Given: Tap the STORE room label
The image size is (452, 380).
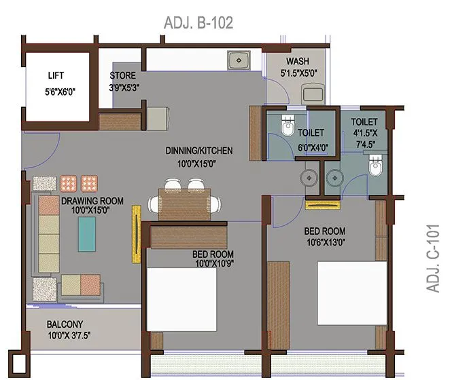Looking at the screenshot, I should click(123, 75).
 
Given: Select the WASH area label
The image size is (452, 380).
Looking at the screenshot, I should click(298, 60).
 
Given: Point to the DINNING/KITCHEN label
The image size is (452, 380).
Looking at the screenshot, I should click(199, 151).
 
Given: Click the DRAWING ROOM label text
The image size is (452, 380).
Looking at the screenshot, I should click(92, 201).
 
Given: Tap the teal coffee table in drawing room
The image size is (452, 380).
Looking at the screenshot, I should click(87, 235).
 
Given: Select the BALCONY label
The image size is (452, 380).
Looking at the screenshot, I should click(65, 324).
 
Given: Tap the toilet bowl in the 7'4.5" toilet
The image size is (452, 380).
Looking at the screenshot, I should click(375, 166).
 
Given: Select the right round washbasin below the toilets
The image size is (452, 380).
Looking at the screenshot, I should click(334, 177).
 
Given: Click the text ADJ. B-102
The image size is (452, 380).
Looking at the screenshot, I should click(198, 23).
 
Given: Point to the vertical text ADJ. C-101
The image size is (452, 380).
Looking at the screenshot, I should click(434, 259).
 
